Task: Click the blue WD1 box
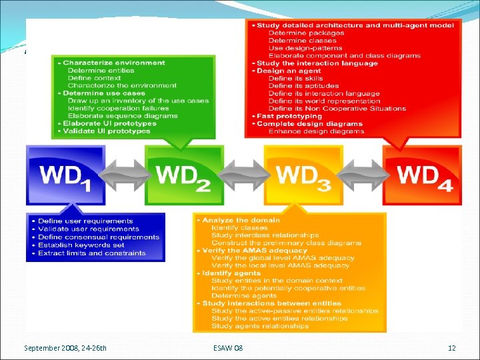click(x=66, y=175)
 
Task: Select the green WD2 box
click(x=184, y=175)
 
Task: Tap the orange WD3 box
click(x=303, y=175)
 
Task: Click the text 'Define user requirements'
click(x=85, y=221)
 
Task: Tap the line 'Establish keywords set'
click(x=81, y=245)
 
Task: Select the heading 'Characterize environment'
click(x=114, y=63)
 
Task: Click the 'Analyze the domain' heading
click(x=241, y=220)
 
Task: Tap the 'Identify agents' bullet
click(x=231, y=273)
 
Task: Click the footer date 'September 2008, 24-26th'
click(x=65, y=348)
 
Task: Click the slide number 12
click(x=451, y=348)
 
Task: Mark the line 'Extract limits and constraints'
click(x=92, y=253)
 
